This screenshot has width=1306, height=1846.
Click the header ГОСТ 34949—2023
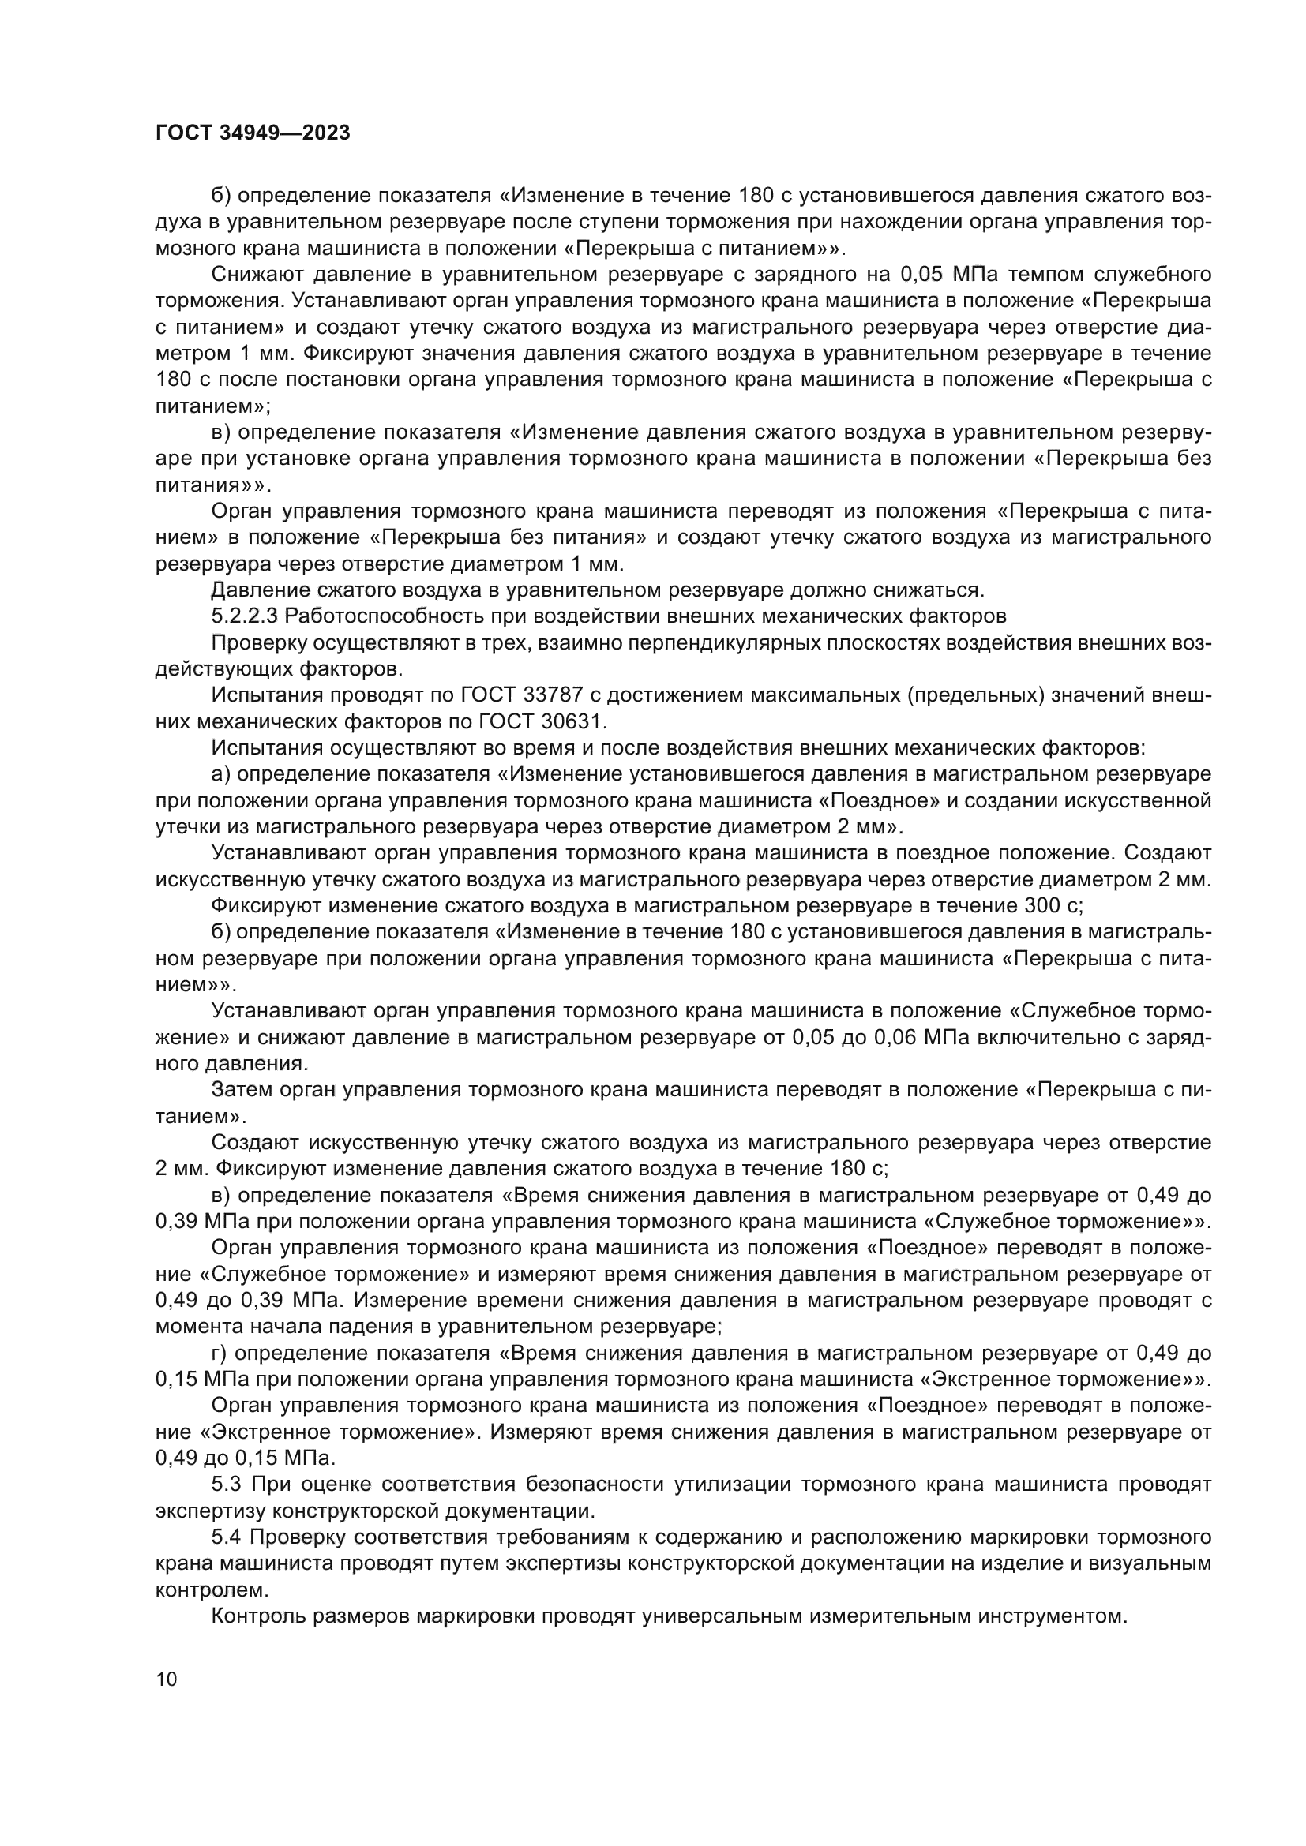[x=253, y=133]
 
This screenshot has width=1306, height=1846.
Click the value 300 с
[x=1053, y=906]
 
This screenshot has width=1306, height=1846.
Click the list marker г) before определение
[x=220, y=1354]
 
